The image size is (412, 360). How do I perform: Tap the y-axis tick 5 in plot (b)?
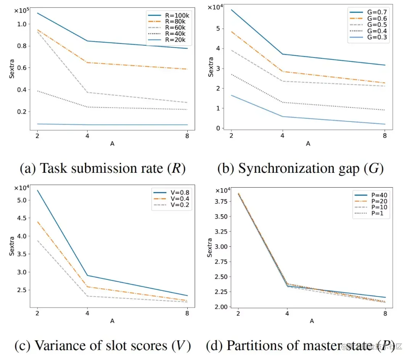218,29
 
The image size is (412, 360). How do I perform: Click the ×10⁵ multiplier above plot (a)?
22,10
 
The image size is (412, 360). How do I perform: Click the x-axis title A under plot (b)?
308,144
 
